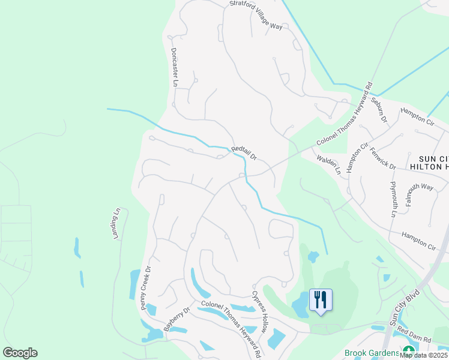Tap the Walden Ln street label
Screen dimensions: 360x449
(x=330, y=164)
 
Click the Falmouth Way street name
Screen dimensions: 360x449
(x=420, y=195)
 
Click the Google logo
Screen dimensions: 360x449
(x=20, y=353)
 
